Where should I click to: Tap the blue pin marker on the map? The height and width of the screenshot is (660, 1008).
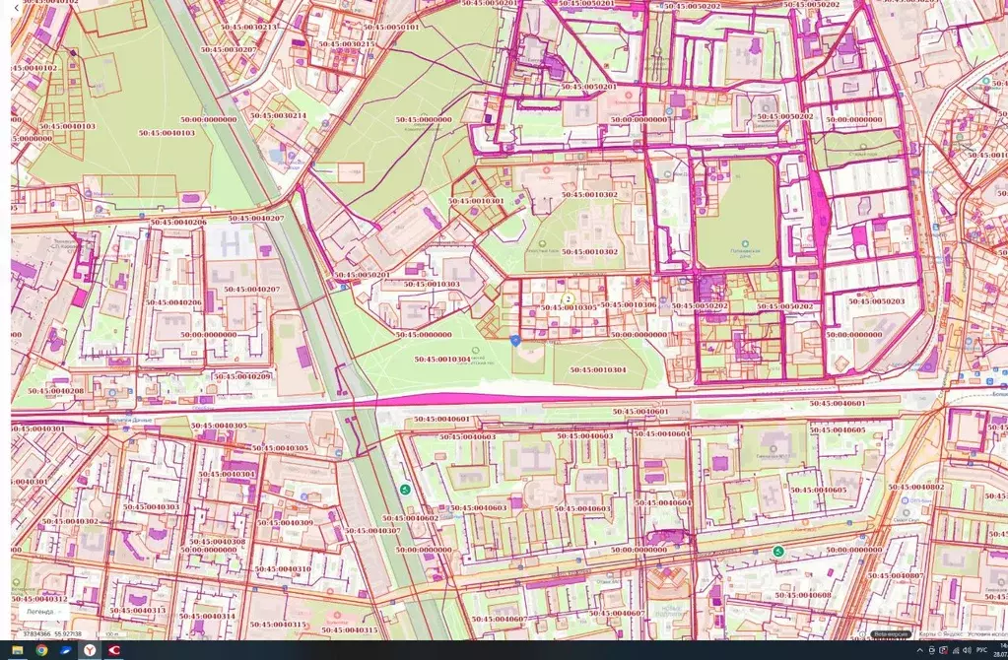click(x=515, y=340)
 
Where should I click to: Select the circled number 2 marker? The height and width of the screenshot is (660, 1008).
click(x=569, y=298)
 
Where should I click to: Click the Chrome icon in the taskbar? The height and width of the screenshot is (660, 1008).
click(x=41, y=650)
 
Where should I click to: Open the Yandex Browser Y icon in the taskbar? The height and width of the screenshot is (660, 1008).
click(x=90, y=650)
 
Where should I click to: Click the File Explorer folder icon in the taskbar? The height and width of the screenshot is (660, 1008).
click(x=17, y=650)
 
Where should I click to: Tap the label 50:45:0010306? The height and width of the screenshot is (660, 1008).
click(x=629, y=304)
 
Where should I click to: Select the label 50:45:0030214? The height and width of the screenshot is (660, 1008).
click(x=278, y=116)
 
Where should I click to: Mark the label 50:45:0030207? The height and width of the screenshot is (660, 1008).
click(x=229, y=49)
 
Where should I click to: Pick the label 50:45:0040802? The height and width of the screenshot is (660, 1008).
click(x=915, y=487)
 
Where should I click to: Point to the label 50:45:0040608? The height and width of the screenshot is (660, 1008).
click(x=803, y=595)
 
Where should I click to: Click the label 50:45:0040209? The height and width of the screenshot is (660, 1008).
click(x=241, y=376)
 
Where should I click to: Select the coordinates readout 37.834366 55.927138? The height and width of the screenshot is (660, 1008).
click(x=53, y=634)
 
